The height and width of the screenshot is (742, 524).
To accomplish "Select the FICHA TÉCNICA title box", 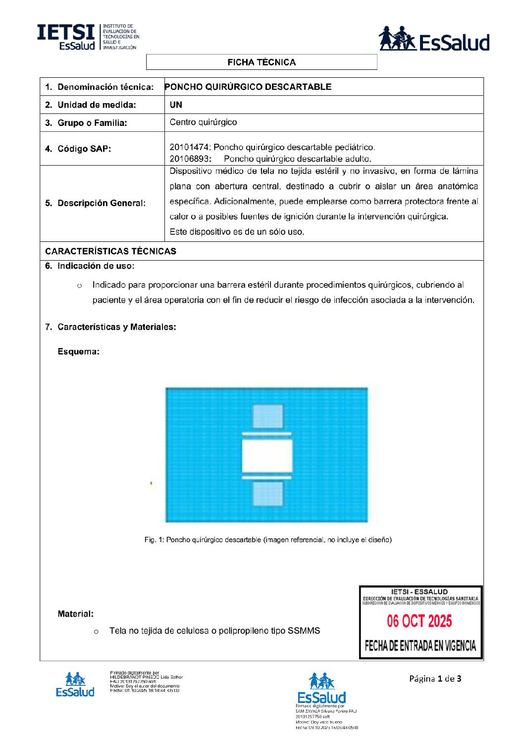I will click(x=262, y=62).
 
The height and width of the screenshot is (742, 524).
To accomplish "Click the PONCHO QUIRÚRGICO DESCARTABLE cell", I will click(x=248, y=87).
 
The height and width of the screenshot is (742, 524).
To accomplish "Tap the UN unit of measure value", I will click(x=176, y=105).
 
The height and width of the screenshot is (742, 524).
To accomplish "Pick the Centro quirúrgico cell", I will click(x=203, y=122).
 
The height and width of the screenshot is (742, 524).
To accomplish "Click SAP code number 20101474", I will click(x=190, y=147).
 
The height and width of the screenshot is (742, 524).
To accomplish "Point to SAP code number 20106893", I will click(x=190, y=159).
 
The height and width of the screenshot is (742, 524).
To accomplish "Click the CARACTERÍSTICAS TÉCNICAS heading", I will click(x=110, y=251).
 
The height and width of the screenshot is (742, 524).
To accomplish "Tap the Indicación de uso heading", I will click(x=95, y=266).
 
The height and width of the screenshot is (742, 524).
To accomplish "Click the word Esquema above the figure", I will click(x=78, y=352).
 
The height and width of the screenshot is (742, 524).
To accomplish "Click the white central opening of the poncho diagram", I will click(x=267, y=456).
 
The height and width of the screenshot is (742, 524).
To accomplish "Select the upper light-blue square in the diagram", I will click(x=268, y=416).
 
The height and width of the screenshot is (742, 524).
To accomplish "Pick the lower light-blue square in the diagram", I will click(x=268, y=494).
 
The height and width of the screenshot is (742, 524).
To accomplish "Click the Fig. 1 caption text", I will click(x=268, y=540).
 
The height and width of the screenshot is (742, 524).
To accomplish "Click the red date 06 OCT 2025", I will click(x=419, y=621).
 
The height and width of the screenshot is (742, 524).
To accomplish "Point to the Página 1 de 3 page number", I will click(x=435, y=679).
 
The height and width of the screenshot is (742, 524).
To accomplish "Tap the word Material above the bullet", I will click(x=75, y=614).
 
